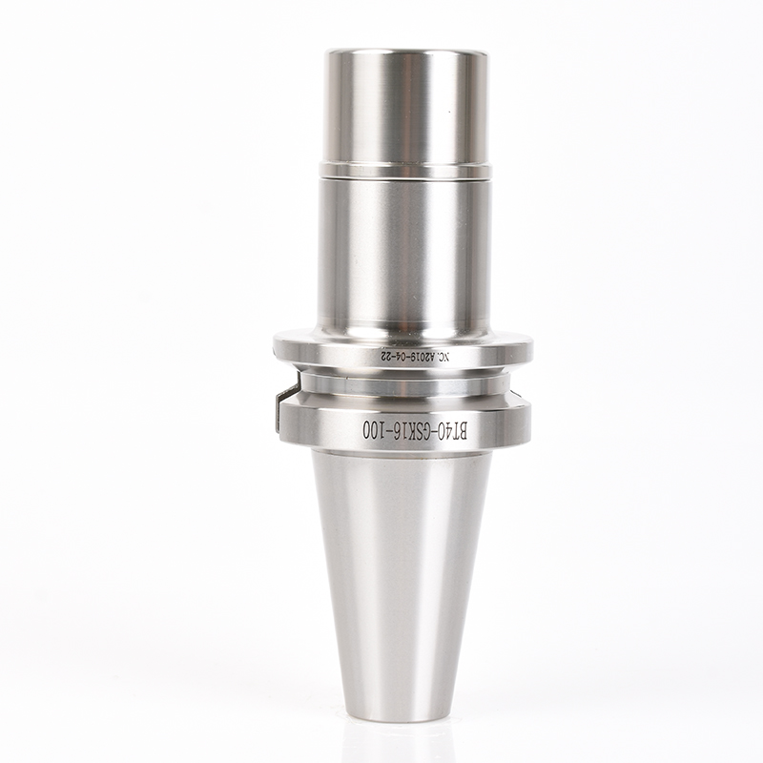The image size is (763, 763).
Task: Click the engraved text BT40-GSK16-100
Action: (415, 431)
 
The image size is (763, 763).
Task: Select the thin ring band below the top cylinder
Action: (405, 170)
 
